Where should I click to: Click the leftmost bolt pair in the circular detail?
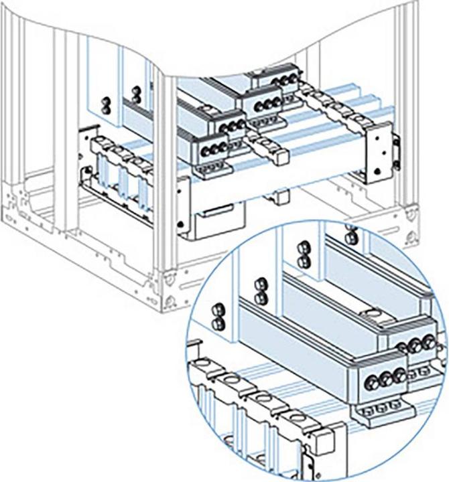click(x=217, y=317)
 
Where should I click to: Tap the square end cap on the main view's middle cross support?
click(x=280, y=156)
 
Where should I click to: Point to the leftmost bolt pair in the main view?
click(x=105, y=105)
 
